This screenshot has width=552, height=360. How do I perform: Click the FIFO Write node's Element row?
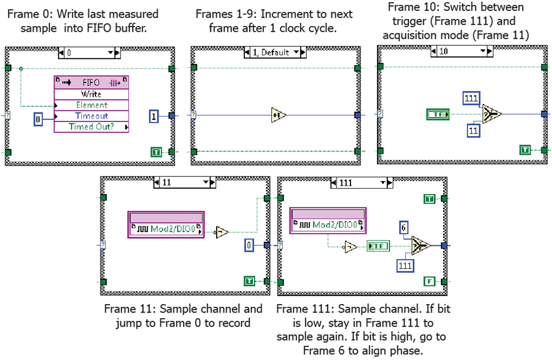pos(91,105)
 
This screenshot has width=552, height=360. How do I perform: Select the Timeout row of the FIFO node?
pos(91,116)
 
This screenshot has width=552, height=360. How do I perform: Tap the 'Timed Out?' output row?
pos(91,127)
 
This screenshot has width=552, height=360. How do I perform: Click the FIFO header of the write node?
pos(91,83)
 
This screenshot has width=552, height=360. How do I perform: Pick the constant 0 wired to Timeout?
pos(38,120)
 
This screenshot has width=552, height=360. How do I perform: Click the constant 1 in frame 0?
pos(154,116)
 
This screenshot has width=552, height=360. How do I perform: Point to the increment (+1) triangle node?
pos(278,115)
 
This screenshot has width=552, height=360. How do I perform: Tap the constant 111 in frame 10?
pos(470,98)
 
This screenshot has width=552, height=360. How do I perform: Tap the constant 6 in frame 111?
pos(403,227)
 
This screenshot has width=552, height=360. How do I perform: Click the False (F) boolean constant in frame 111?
pos(430,281)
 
